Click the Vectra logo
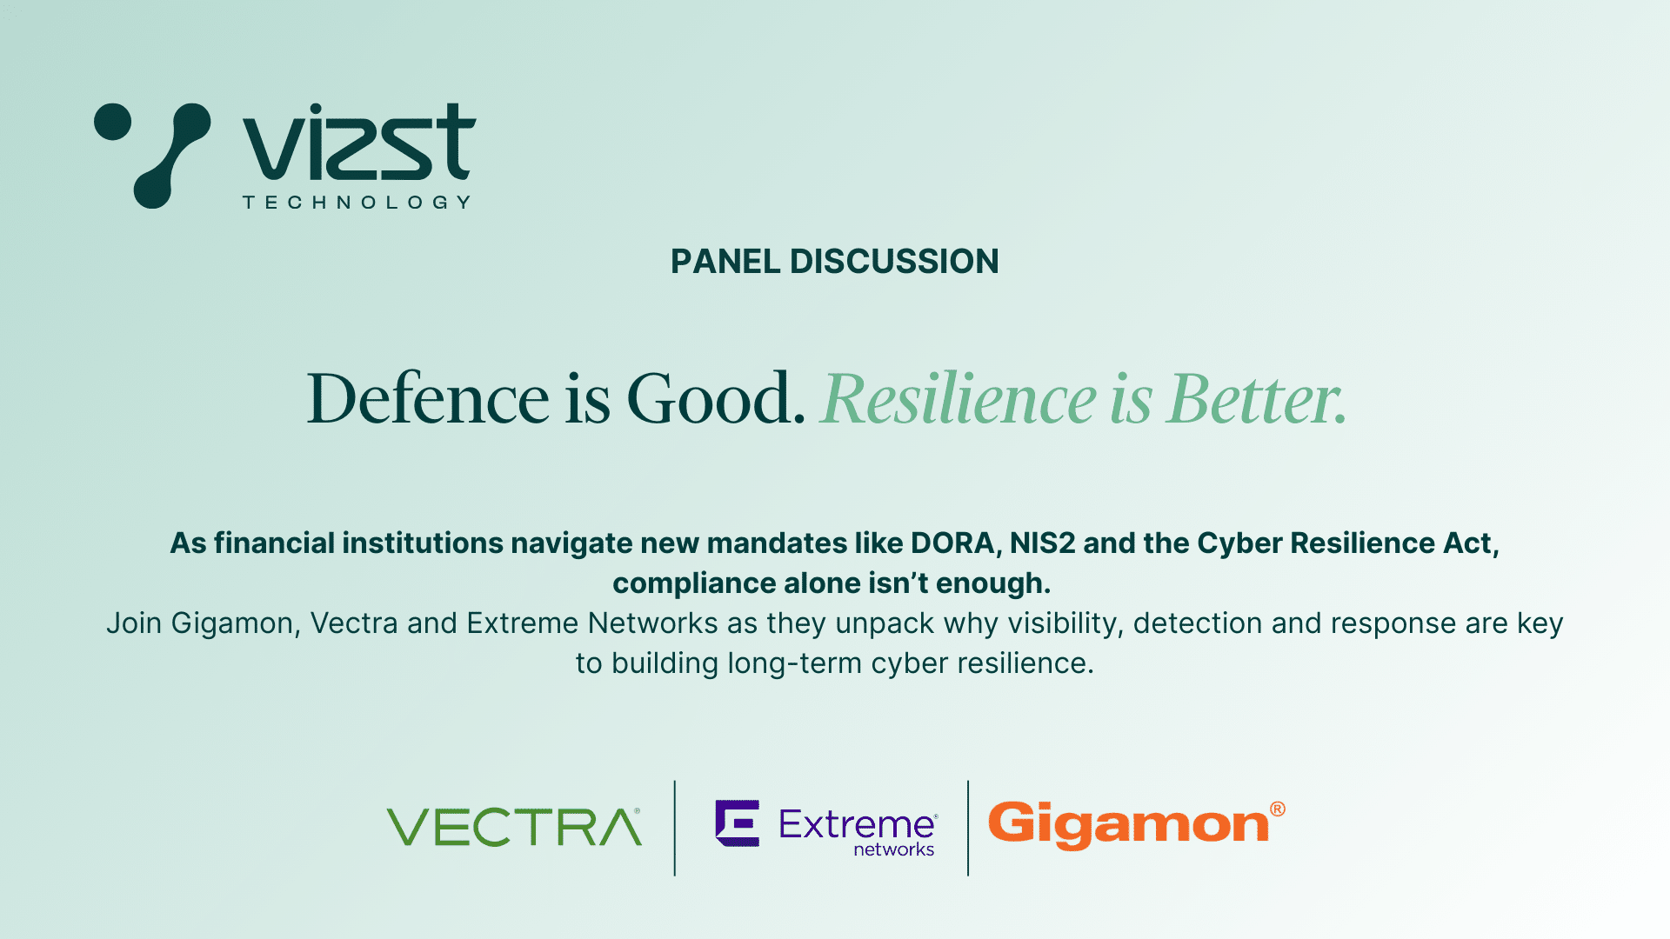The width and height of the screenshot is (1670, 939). pyautogui.click(x=514, y=827)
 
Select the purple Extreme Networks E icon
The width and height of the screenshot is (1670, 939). pyautogui.click(x=737, y=822)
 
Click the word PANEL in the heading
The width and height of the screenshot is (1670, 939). pyautogui.click(x=725, y=262)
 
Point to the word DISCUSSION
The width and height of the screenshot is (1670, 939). pyautogui.click(x=894, y=262)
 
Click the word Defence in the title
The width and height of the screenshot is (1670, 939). pyautogui.click(x=428, y=398)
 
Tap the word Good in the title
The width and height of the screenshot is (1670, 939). pyautogui.click(x=716, y=398)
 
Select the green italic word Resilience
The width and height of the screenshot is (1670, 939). pyautogui.click(x=959, y=398)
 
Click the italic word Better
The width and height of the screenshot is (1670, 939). pyautogui.click(x=1258, y=398)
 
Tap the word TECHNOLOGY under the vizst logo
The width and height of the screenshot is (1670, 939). pyautogui.click(x=357, y=203)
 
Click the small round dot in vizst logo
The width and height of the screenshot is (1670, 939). pyautogui.click(x=112, y=122)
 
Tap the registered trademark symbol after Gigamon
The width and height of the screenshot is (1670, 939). pyautogui.click(x=1278, y=809)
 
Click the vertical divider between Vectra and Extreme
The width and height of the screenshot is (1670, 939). pyautogui.click(x=675, y=828)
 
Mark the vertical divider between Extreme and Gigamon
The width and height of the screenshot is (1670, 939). pyautogui.click(x=968, y=828)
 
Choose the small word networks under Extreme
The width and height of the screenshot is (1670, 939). pyautogui.click(x=894, y=849)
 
